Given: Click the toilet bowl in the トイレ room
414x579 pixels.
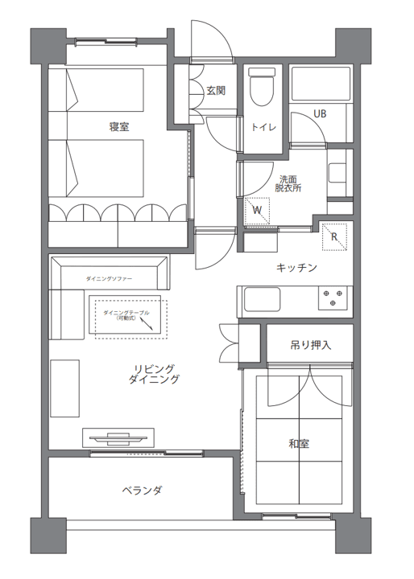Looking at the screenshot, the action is (x=263, y=87).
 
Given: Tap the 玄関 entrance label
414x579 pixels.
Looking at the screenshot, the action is (x=216, y=90).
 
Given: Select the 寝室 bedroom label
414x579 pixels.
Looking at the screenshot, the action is (x=119, y=127).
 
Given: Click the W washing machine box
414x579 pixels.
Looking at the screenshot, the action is (x=257, y=211).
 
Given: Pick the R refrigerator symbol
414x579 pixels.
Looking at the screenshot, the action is (x=334, y=236).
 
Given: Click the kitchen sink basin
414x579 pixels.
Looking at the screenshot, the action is (x=262, y=299).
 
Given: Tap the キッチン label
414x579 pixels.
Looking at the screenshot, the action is (x=296, y=267).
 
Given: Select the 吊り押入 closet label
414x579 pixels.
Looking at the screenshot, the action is (x=310, y=345).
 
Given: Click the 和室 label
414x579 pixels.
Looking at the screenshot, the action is (x=299, y=443).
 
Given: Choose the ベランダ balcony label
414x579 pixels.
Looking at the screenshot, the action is (x=142, y=491).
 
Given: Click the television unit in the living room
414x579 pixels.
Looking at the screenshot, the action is (x=118, y=438).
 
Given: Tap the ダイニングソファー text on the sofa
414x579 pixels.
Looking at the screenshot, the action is (x=109, y=279).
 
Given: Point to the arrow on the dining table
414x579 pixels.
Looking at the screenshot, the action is (x=147, y=324).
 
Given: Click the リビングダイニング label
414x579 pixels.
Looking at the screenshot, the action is (x=154, y=374).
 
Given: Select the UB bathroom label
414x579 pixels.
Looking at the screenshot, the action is (x=320, y=113).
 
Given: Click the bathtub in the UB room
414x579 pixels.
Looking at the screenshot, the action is (x=321, y=84).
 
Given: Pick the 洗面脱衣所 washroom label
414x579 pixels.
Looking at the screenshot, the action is (x=288, y=183).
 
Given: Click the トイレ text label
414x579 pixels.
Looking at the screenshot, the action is (x=263, y=128).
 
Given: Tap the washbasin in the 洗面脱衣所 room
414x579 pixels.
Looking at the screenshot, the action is (x=337, y=174).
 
